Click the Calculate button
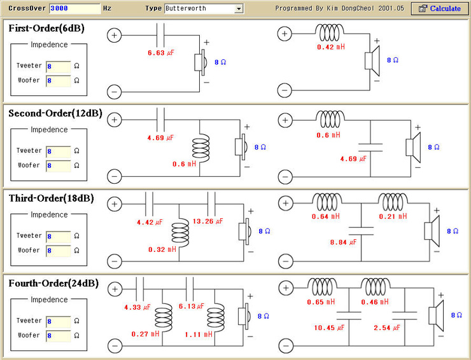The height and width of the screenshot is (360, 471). (439, 8)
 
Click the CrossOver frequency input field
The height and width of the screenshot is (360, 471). (75, 8)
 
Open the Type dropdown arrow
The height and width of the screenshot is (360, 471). (239, 9)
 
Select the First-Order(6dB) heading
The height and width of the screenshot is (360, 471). (46, 28)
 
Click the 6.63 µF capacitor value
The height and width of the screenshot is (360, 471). (160, 53)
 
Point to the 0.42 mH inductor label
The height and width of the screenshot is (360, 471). (331, 47)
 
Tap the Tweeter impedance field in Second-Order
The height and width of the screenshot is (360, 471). (59, 151)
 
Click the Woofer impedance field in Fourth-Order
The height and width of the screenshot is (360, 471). (59, 336)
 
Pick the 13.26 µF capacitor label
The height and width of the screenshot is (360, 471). (208, 221)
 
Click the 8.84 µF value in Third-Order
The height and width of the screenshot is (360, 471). (343, 242)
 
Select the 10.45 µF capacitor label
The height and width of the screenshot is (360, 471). (329, 328)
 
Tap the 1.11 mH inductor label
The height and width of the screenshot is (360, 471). (198, 334)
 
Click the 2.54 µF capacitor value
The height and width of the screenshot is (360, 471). (387, 328)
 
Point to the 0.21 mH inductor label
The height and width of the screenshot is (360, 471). (393, 216)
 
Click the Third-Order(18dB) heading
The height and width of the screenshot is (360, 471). (52, 198)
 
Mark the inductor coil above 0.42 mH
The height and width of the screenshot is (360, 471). (330, 32)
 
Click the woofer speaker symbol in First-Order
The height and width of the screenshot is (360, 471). (372, 61)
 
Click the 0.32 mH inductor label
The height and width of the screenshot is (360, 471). (162, 249)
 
